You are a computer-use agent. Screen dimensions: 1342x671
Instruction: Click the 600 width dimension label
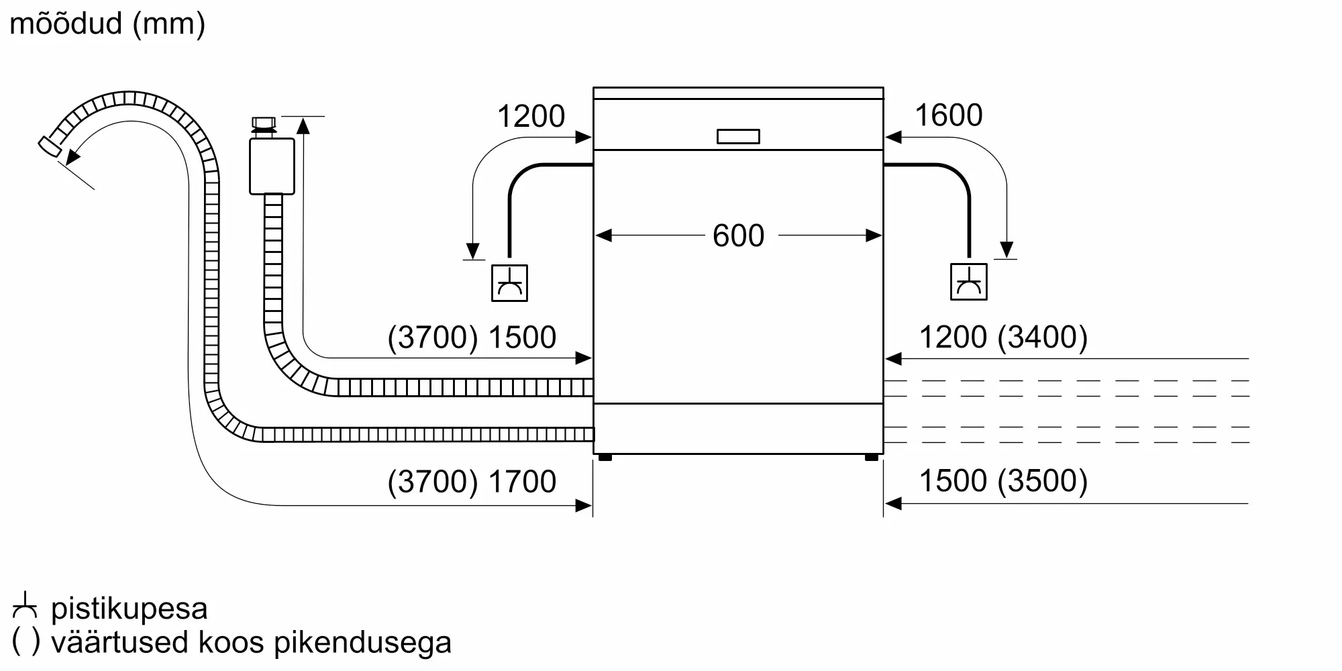point(738,236)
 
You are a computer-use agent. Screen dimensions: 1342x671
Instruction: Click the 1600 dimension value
point(948,115)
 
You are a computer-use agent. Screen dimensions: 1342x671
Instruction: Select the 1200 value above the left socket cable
point(531,116)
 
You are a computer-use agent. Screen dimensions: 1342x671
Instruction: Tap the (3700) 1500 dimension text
point(472,337)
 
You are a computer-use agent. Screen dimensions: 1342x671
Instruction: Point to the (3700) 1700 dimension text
point(472,481)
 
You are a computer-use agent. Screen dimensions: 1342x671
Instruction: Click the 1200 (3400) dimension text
point(1003,337)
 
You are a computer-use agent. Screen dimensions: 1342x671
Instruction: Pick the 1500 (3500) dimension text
point(1003,480)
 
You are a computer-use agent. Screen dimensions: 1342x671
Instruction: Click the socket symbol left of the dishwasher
point(509,282)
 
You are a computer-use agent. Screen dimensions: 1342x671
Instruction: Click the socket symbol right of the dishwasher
point(968,282)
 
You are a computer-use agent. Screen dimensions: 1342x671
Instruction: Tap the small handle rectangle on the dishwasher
point(738,136)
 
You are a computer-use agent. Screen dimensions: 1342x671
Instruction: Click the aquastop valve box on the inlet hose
point(272,166)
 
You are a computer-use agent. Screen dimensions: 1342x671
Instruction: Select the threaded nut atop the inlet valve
point(263,125)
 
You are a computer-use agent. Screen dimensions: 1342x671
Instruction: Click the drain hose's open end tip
point(47,146)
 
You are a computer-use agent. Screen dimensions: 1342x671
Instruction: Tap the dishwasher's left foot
point(605,458)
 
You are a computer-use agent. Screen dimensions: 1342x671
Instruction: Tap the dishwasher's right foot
point(871,458)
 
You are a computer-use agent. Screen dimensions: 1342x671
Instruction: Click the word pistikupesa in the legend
point(129,609)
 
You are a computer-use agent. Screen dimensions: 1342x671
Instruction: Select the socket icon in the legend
point(25,605)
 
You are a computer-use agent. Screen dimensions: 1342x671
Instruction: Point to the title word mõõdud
point(66,23)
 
